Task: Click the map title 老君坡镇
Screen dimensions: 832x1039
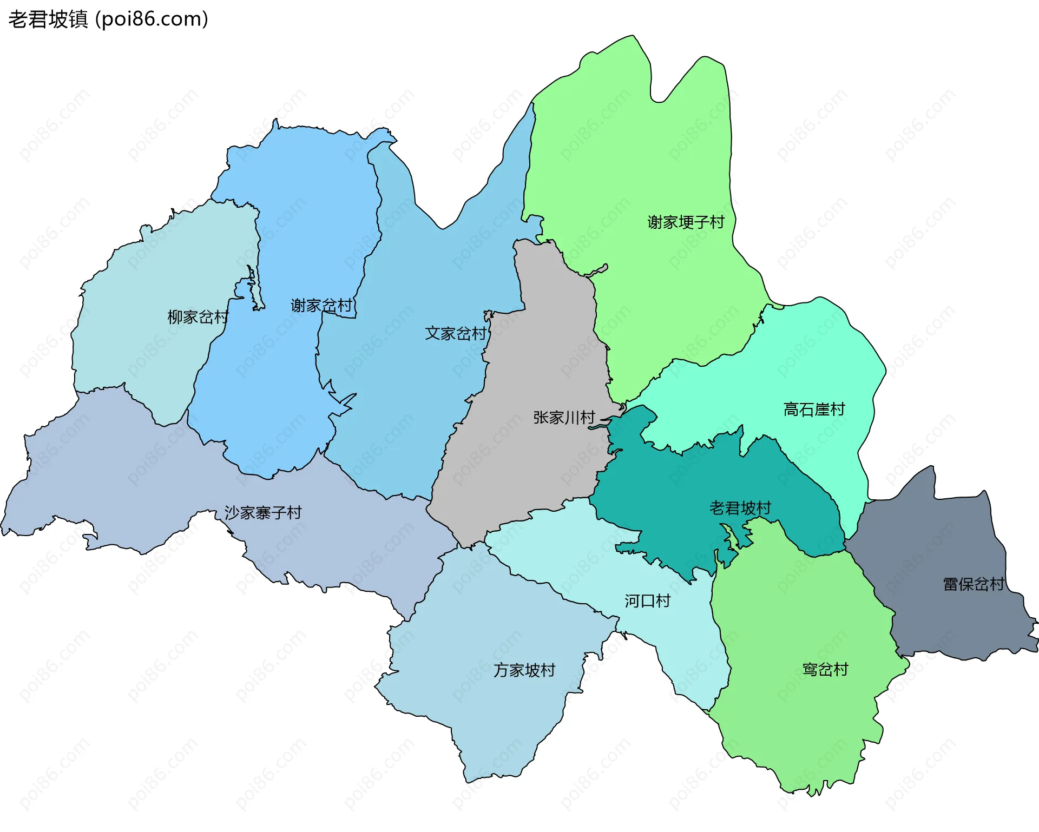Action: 48,19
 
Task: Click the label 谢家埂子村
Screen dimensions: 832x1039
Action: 686,222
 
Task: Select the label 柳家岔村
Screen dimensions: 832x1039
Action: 198,317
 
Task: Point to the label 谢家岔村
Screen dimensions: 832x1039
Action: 321,306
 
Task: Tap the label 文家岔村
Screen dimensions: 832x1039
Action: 456,333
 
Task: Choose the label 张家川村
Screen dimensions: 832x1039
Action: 564,418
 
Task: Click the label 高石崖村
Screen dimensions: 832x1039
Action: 814,410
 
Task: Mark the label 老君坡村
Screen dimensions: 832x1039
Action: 740,508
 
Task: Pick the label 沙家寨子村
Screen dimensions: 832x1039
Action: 263,512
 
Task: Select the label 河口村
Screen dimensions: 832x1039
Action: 647,601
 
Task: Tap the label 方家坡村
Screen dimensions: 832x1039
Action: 524,670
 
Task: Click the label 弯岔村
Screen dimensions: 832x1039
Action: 825,670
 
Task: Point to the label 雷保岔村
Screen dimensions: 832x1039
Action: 973,584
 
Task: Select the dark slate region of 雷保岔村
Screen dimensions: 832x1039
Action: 942,541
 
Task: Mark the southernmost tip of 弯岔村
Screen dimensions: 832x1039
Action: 812,794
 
